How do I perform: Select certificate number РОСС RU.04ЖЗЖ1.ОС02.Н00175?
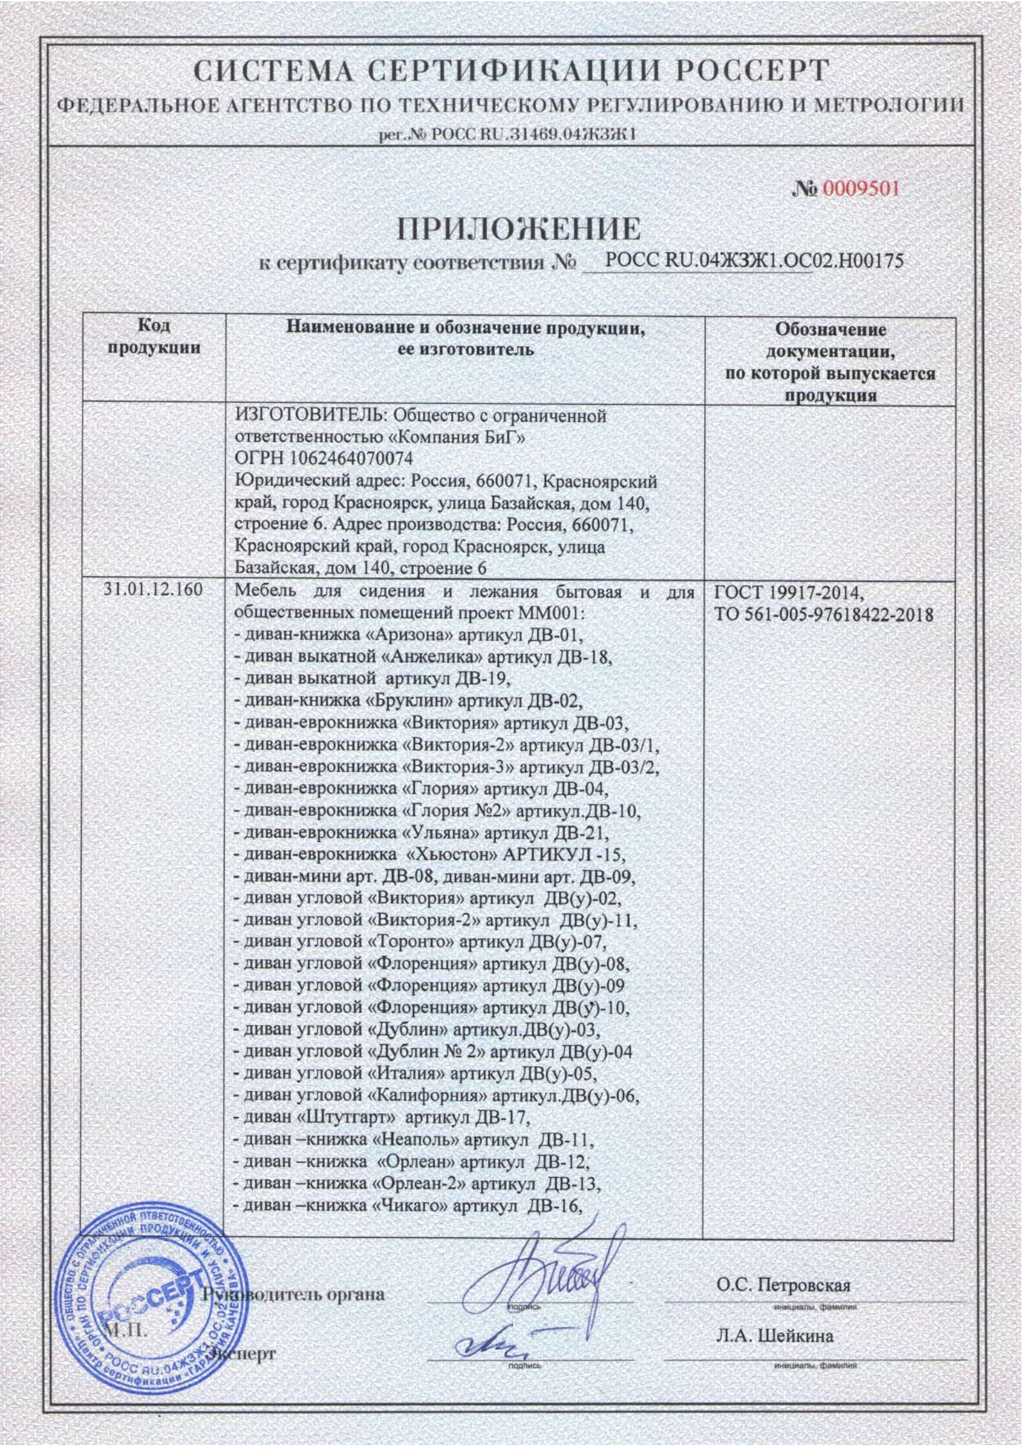coord(754,261)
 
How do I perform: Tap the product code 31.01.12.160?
coord(152,589)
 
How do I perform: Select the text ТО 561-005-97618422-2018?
coord(823,615)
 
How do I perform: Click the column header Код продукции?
coord(154,337)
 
